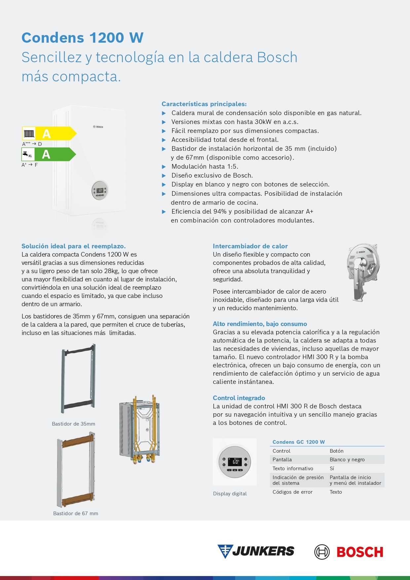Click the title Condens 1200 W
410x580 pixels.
82,38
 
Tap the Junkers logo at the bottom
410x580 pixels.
256,551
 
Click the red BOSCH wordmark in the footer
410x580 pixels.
359,552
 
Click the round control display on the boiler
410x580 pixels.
100,190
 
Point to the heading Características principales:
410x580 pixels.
204,104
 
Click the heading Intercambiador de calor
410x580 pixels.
250,246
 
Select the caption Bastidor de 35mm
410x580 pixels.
73,424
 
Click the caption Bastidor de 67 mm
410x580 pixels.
76,514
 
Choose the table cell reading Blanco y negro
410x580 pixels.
347,460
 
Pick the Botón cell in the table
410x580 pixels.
336,451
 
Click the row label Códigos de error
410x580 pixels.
292,492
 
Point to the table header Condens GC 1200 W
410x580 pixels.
298,442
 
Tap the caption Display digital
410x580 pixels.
230,494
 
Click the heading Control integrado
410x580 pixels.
239,398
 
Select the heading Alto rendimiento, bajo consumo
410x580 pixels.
260,324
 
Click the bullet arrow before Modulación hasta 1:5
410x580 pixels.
164,167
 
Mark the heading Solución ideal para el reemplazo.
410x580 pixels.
73,246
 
